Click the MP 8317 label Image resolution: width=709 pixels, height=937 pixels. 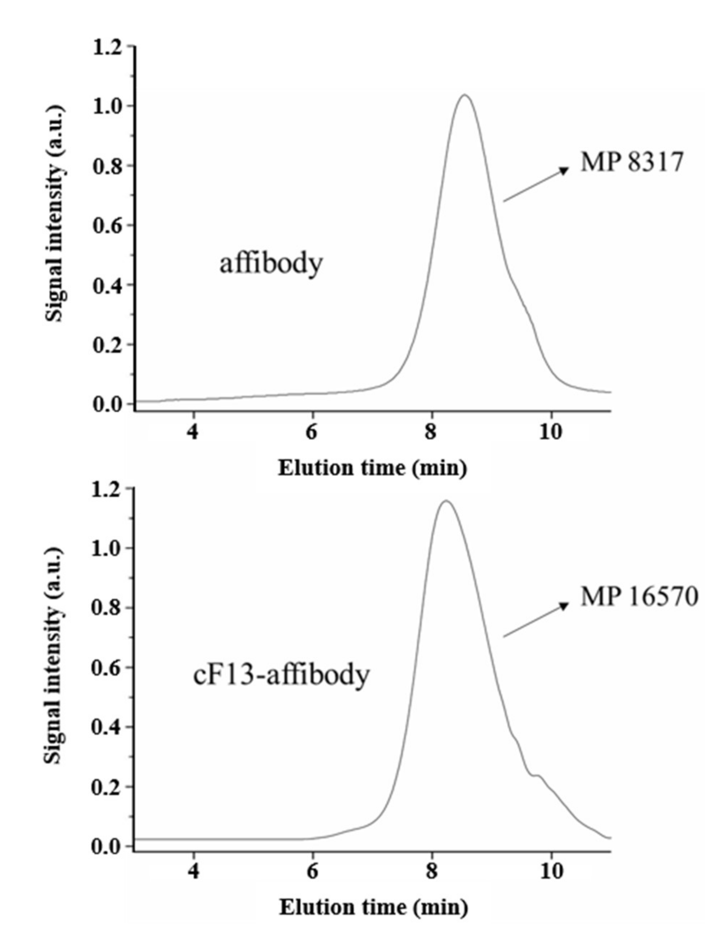pos(632,162)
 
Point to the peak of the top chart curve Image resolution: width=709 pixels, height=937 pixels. pos(465,95)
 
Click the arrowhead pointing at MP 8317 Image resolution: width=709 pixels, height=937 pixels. pos(564,170)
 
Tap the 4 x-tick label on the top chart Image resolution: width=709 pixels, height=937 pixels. pos(193,432)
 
